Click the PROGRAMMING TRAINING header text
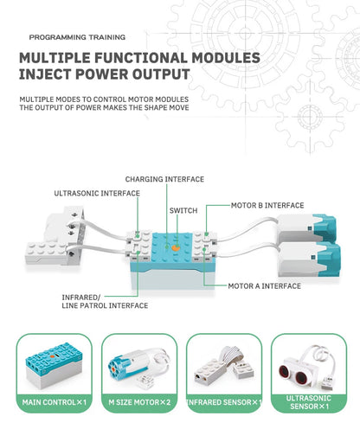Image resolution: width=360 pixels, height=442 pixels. [x=76, y=37]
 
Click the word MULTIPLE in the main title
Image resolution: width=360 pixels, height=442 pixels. [x=64, y=58]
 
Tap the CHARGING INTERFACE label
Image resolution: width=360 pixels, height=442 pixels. [x=164, y=179]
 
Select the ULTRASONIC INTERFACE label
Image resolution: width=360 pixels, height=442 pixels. [x=97, y=194]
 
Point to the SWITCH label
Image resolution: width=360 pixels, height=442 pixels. [x=183, y=210]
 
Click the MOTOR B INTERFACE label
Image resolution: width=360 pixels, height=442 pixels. [x=267, y=206]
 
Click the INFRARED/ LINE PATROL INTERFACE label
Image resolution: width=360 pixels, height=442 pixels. [x=105, y=301]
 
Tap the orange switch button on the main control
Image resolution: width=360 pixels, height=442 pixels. [x=176, y=247]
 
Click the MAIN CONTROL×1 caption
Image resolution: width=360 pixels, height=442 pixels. [x=54, y=402]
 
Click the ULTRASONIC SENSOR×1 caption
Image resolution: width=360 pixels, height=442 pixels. [x=307, y=402]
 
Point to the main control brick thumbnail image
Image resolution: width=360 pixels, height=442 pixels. [x=55, y=363]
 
